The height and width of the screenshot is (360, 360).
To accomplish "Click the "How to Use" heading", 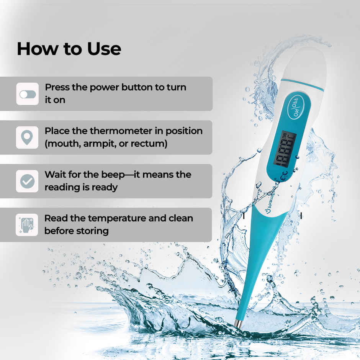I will click(69, 49).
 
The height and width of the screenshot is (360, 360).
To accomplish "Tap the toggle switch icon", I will click(28, 94).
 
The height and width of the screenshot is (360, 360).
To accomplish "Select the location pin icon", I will click(27, 137).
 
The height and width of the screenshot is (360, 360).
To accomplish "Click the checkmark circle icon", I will click(27, 181).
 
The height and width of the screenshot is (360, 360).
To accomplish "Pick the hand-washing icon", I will click(27, 225).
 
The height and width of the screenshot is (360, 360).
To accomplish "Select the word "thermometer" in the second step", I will click(121, 131).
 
